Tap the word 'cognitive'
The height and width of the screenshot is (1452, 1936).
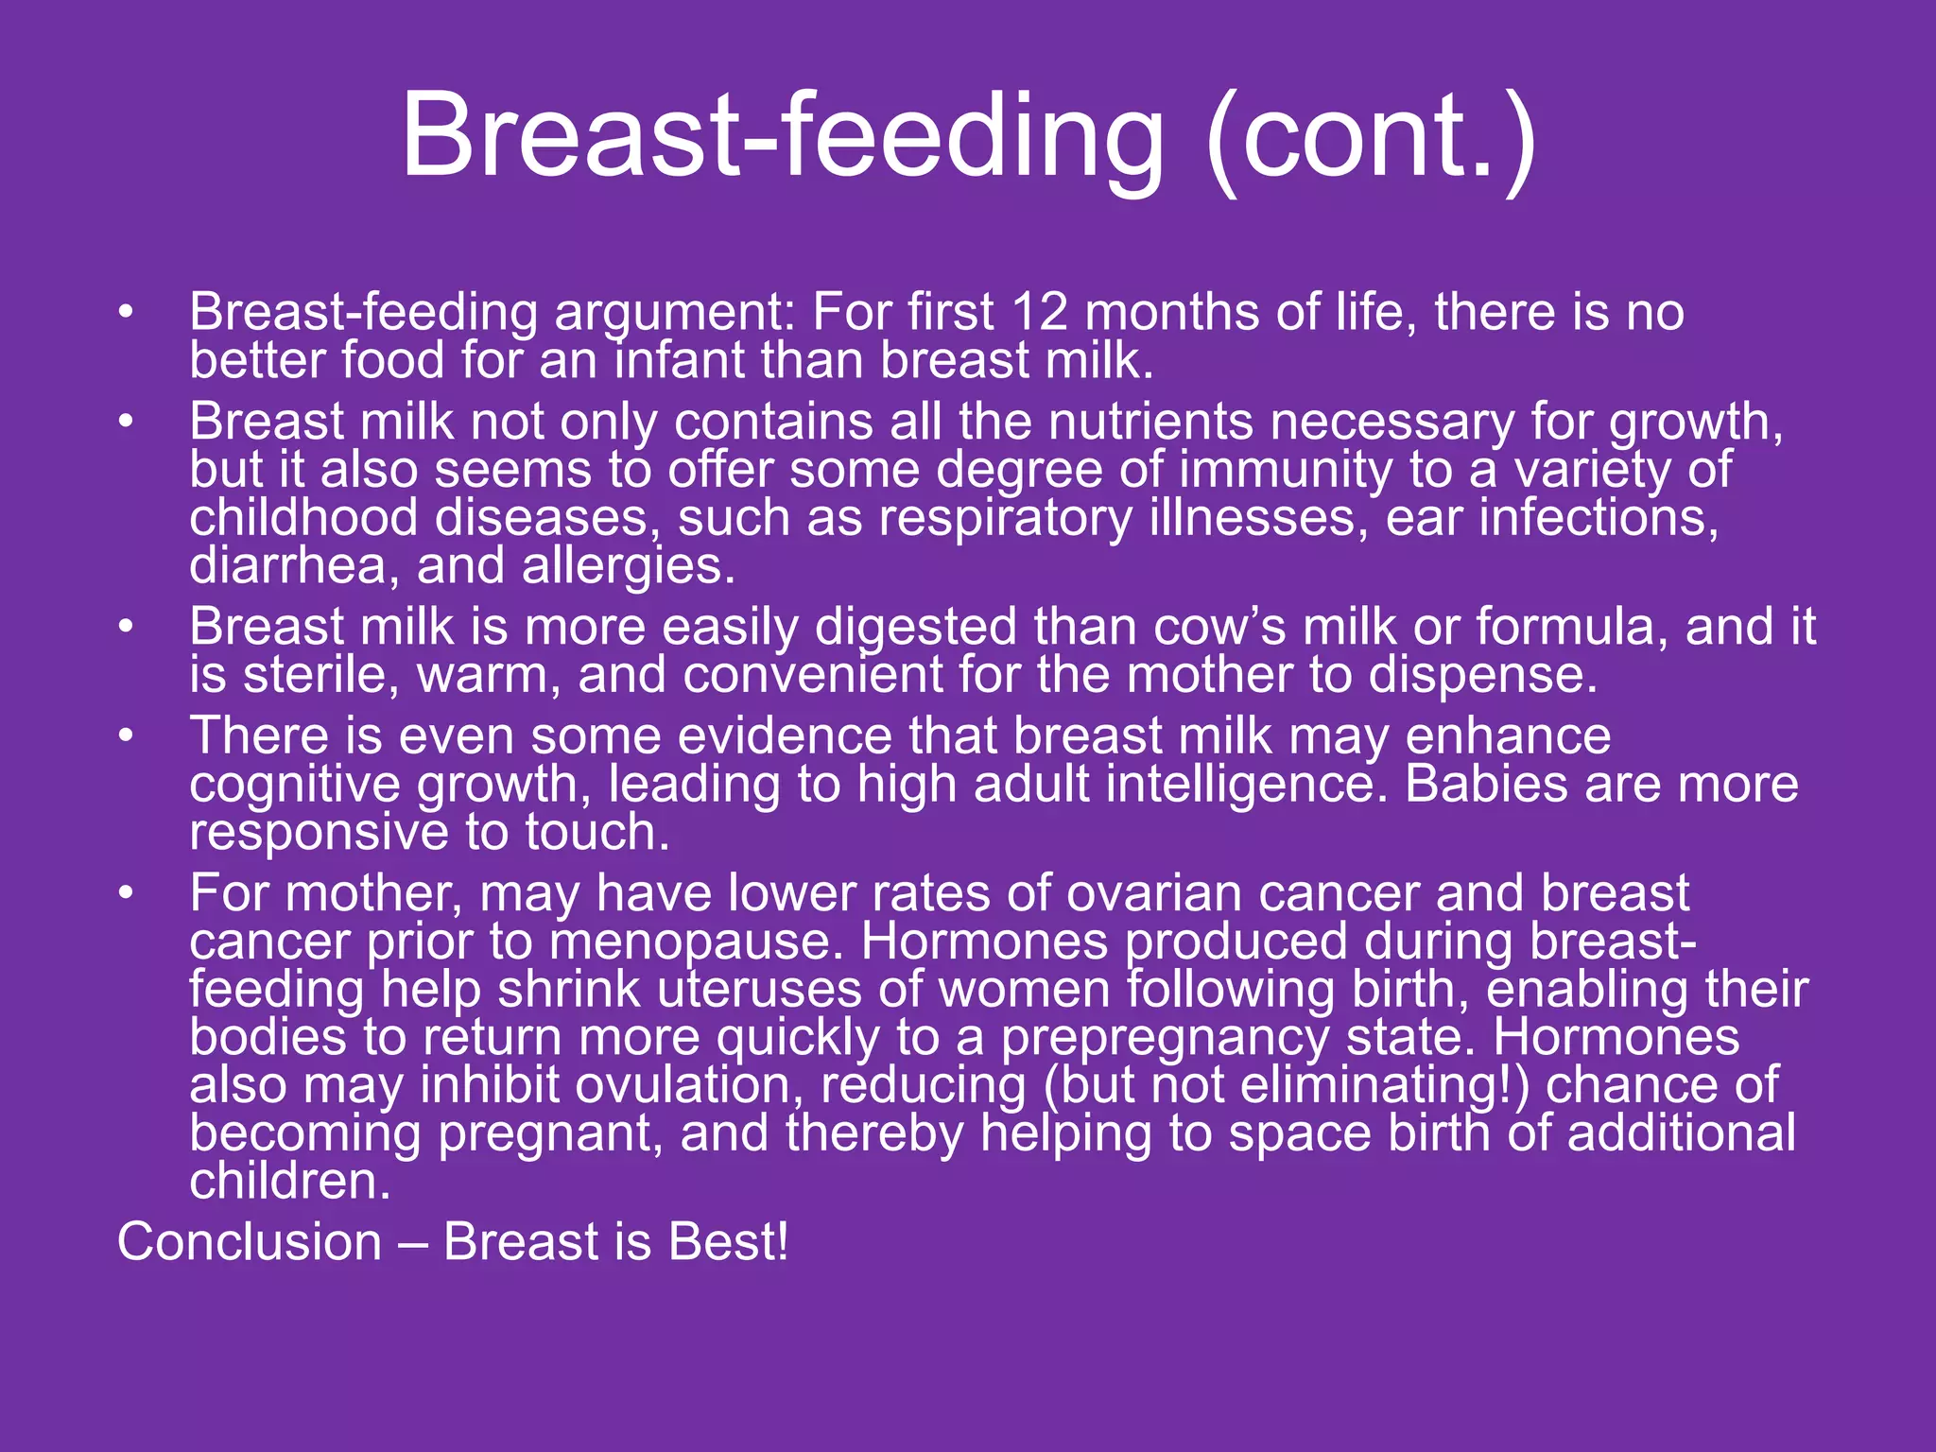[295, 785]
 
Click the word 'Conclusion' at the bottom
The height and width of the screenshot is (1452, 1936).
[250, 1242]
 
